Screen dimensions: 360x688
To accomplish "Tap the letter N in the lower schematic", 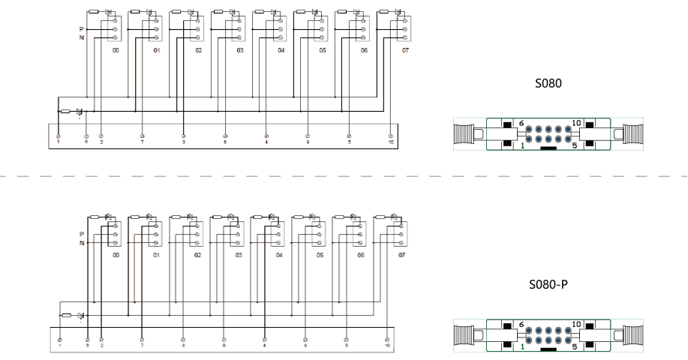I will tap(83, 242).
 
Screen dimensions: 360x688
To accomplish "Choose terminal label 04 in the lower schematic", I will tap(278, 255).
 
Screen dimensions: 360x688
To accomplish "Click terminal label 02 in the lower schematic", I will tap(197, 255).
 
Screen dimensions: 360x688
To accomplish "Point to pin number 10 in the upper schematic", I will tap(391, 140).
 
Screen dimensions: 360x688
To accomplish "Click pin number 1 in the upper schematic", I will tap(59, 140).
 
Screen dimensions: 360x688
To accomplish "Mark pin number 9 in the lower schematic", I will tap(305, 346).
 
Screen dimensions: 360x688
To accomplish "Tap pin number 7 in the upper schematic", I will tap(143, 140).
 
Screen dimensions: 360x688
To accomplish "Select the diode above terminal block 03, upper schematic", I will tap(231, 11).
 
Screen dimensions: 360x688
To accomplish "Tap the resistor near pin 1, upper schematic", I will tap(65, 111).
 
